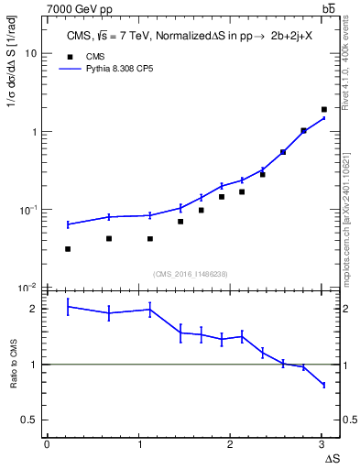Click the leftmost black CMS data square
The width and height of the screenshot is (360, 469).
(68, 248)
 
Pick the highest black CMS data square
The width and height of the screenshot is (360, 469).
(323, 110)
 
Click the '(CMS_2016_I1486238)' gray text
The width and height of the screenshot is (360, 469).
(191, 273)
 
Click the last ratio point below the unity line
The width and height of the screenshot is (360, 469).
(323, 385)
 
